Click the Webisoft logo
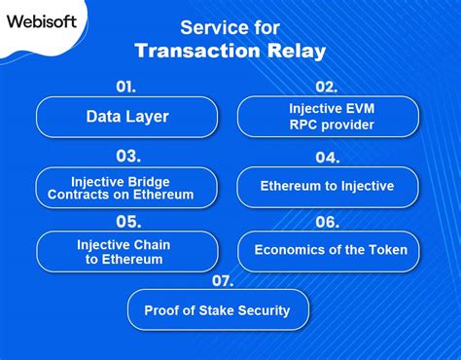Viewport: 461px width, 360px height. [45, 20]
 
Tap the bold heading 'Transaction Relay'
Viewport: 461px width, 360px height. [230, 51]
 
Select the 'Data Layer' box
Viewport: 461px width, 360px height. [126, 117]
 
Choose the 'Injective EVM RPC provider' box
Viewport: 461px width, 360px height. [328, 116]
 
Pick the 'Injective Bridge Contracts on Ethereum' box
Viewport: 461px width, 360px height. [126, 188]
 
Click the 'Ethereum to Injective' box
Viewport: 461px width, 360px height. [328, 187]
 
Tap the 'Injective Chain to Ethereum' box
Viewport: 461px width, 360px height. [126, 251]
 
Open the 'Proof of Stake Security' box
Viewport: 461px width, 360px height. [219, 310]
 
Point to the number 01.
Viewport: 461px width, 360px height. [126, 87]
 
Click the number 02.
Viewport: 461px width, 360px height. [327, 87]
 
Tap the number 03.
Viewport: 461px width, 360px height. [126, 156]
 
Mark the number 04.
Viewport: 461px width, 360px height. [327, 158]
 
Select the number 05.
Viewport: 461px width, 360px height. [126, 221]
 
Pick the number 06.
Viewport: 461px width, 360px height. [327, 222]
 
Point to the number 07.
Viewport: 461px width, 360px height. [223, 281]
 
